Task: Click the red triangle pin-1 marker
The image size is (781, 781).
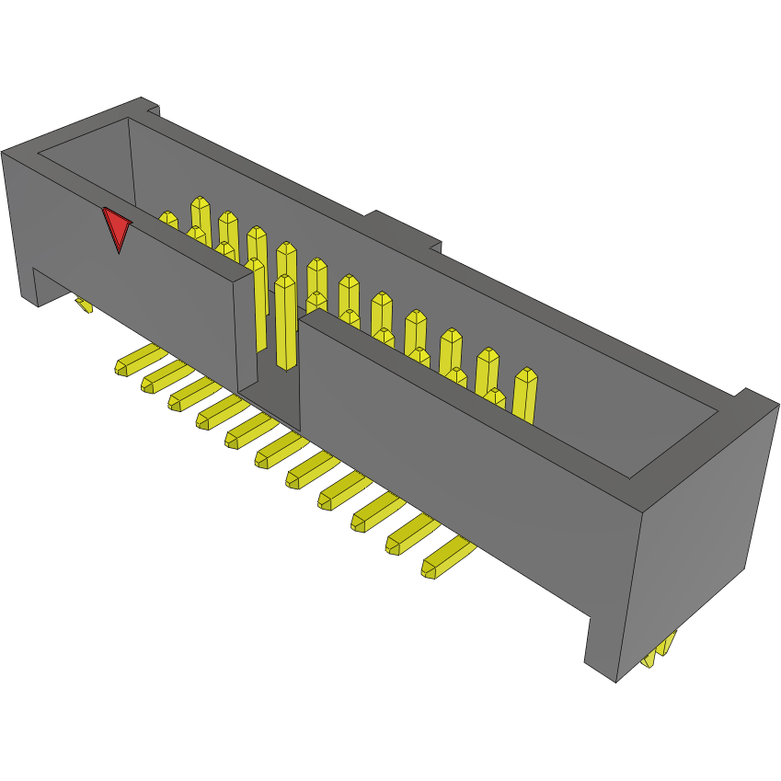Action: tap(117, 227)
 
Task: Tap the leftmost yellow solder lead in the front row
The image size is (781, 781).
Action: tap(134, 362)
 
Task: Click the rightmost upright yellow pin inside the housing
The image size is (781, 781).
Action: tap(525, 394)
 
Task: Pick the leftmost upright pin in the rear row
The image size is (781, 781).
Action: tap(200, 214)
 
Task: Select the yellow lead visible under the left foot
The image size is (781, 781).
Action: tap(84, 304)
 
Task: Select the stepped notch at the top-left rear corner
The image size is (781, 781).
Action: tap(151, 109)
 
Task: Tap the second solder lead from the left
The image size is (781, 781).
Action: tap(161, 377)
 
